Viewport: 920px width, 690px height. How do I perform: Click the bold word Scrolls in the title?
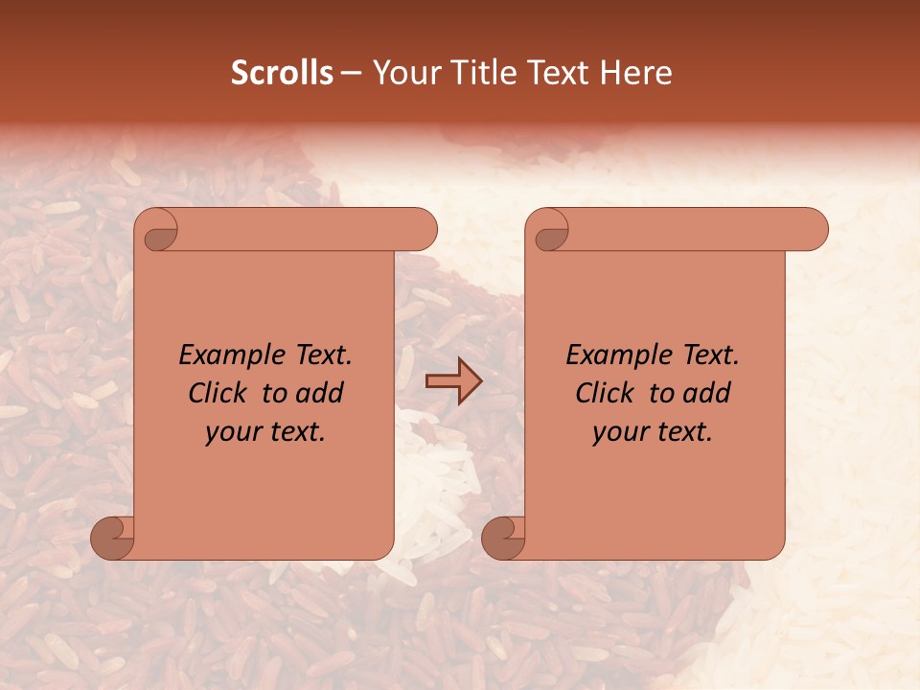pyautogui.click(x=283, y=73)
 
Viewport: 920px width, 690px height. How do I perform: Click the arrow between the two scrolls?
pyautogui.click(x=453, y=382)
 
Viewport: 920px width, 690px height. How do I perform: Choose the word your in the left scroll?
pyautogui.click(x=231, y=432)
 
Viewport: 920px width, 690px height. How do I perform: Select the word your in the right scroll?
pyautogui.click(x=618, y=432)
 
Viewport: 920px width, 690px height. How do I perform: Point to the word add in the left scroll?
pyautogui.click(x=320, y=393)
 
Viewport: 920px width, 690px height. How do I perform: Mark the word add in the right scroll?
pyautogui.click(x=707, y=393)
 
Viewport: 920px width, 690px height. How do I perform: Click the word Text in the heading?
pyautogui.click(x=558, y=73)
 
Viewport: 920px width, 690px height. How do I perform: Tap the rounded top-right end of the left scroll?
pyautogui.click(x=422, y=230)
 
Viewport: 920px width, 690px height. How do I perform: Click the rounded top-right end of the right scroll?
pyautogui.click(x=813, y=230)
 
